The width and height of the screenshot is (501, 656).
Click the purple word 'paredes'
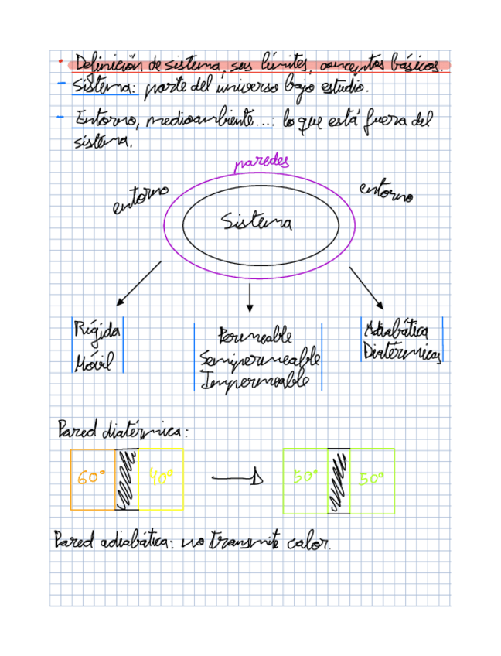pos(261,162)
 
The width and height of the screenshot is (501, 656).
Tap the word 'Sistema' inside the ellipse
pos(257,224)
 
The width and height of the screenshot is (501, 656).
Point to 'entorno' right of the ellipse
pos(386,191)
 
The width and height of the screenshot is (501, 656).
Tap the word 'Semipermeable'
pos(259,359)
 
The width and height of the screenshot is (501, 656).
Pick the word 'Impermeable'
pos(254,381)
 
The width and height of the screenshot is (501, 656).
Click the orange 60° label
pos(91,478)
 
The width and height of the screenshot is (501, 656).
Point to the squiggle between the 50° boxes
pos(339,481)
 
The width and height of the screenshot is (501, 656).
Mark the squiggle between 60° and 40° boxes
pos(127,480)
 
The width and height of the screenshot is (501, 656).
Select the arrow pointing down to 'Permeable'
pos(249,298)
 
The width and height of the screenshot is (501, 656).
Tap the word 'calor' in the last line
pos(309,543)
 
